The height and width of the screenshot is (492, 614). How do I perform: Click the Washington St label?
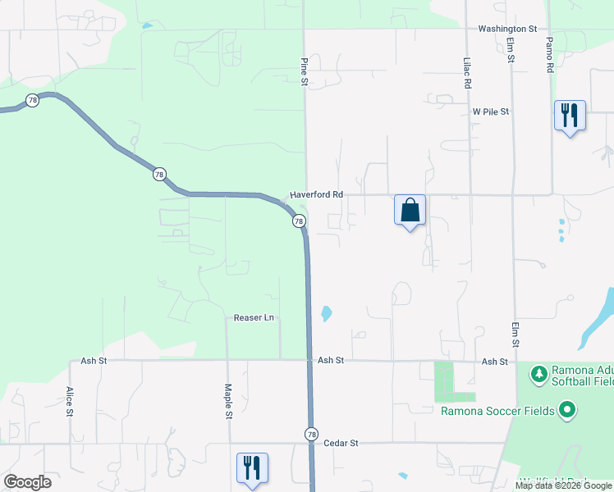(x=507, y=29)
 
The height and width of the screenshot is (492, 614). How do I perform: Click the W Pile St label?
(x=491, y=112)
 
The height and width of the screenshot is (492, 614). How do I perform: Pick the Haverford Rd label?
(x=316, y=195)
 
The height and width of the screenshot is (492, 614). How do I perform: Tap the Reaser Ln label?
(x=253, y=317)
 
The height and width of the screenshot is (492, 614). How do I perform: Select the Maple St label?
(x=228, y=402)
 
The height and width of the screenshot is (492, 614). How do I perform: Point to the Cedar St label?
(x=341, y=444)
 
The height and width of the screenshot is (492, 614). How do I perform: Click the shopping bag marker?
(x=410, y=211)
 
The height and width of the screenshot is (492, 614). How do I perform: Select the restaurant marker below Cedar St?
(x=252, y=467)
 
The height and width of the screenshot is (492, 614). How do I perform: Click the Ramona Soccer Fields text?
(x=497, y=410)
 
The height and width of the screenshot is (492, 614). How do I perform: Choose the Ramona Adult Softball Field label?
(x=582, y=376)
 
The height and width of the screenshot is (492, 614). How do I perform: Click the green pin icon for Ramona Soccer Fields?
(x=566, y=409)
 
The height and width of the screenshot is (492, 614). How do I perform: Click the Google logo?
(x=27, y=481)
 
